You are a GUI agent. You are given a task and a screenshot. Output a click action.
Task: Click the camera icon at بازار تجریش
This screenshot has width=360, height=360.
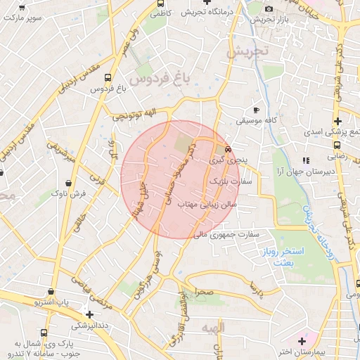(269, 9)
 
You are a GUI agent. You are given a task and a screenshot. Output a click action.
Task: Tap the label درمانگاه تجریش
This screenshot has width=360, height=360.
(207, 12)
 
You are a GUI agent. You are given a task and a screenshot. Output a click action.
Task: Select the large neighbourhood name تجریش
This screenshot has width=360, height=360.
(252, 51)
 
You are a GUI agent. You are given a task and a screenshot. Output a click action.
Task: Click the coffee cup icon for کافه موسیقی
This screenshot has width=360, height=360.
(256, 110)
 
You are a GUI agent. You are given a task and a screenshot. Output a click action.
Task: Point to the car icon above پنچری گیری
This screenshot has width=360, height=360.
(228, 149)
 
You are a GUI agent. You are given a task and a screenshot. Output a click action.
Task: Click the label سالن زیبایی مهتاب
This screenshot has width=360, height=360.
(207, 204)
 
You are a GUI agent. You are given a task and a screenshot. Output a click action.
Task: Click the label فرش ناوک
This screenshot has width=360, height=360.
(72, 192)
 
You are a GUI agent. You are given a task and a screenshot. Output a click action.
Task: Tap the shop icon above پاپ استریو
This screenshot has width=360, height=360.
(51, 292)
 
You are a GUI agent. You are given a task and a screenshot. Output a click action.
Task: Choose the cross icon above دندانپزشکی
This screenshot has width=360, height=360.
(89, 314)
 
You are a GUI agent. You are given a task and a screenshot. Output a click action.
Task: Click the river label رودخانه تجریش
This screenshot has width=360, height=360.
(308, 216)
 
